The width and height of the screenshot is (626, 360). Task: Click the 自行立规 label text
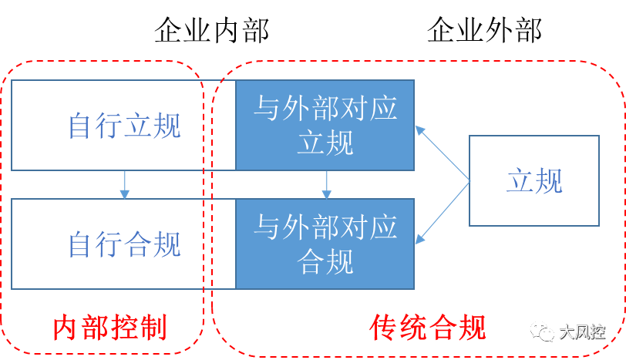pos(125,126)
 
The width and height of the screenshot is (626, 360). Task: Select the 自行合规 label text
pos(125,245)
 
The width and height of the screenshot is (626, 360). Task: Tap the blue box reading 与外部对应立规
pos(325,125)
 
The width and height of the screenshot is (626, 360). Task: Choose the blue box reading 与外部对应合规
pos(325,244)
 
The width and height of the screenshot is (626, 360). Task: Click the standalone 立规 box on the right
pos(534,181)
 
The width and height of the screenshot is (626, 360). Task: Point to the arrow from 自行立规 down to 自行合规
pos(124,185)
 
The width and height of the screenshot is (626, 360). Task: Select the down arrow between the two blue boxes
pos(326,185)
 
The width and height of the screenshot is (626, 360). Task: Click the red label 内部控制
pos(109,328)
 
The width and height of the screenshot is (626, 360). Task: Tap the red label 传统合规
pos(429,328)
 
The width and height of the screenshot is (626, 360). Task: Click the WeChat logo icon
pos(541,331)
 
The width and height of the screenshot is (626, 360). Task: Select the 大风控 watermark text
pos(581,331)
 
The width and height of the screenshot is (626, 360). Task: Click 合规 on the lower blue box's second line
pos(325,262)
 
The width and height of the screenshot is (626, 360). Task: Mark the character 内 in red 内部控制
pos(66,328)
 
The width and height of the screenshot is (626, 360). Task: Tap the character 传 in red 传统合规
pos(385,328)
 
